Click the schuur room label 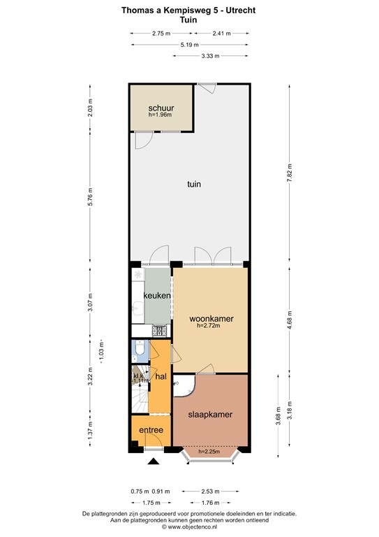(161, 108)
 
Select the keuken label (157, 296)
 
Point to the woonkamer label (211, 319)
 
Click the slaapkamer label (210, 414)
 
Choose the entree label (151, 430)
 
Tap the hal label (161, 377)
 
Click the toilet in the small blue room (140, 348)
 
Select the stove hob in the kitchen (159, 331)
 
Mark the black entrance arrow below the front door (152, 461)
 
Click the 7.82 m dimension (289, 172)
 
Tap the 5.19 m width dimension (187, 45)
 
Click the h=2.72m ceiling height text (211, 326)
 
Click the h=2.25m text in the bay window (210, 451)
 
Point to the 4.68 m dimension (289, 319)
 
